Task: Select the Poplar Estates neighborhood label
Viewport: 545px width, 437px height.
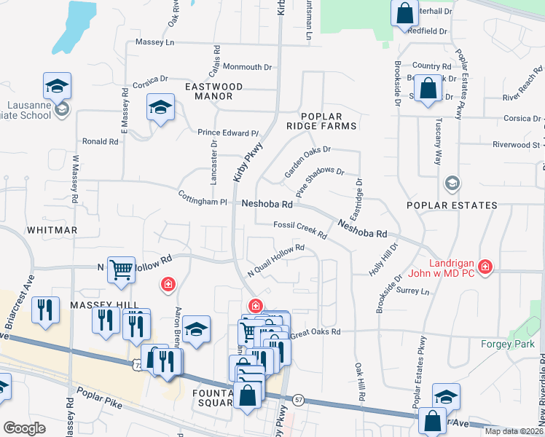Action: tap(452, 205)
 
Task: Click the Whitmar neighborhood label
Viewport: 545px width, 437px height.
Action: tap(52, 230)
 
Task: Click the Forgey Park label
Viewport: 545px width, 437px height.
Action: tap(507, 344)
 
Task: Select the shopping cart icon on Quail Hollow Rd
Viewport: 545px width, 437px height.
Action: tap(121, 270)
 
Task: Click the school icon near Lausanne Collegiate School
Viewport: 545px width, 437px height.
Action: tap(57, 87)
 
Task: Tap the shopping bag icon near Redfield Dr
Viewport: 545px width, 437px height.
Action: tap(404, 12)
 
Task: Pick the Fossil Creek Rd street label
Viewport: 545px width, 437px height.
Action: tap(300, 229)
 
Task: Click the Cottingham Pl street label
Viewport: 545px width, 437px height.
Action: tap(203, 197)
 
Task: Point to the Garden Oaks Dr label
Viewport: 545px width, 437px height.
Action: tap(307, 161)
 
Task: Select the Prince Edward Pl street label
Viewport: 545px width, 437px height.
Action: tap(228, 133)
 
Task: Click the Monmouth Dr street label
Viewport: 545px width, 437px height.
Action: tap(247, 67)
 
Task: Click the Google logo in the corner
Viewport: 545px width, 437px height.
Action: tap(23, 428)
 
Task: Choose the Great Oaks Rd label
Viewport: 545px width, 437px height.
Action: tap(315, 332)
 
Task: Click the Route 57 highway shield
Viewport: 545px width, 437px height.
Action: tap(299, 399)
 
